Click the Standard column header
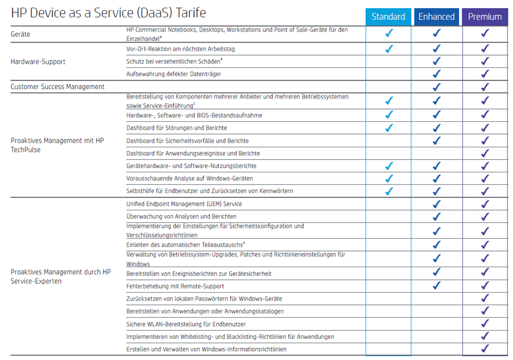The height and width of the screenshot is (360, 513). pyautogui.click(x=388, y=17)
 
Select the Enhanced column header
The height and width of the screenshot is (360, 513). pyautogui.click(x=437, y=17)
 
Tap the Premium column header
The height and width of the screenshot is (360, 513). pyautogui.click(x=485, y=17)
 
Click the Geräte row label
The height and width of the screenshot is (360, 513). pyautogui.click(x=21, y=34)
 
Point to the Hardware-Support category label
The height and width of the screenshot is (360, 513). pyautogui.click(x=38, y=61)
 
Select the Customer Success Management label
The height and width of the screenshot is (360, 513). pyautogui.click(x=58, y=87)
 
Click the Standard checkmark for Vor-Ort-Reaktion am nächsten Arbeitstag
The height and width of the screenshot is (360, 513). pyautogui.click(x=389, y=49)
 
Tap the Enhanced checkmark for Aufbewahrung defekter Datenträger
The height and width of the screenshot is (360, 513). pyautogui.click(x=437, y=74)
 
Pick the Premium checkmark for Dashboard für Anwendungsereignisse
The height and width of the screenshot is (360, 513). pyautogui.click(x=485, y=153)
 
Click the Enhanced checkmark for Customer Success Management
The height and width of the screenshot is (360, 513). pyautogui.click(x=437, y=87)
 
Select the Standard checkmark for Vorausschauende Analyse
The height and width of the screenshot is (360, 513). pyautogui.click(x=389, y=178)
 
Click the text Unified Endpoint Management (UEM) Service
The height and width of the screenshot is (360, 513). pyautogui.click(x=184, y=204)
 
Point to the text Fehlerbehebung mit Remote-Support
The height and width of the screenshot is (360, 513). pyautogui.click(x=175, y=286)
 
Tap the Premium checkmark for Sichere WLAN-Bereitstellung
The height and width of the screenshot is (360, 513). pyautogui.click(x=485, y=324)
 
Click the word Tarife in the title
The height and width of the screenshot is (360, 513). pyautogui.click(x=191, y=13)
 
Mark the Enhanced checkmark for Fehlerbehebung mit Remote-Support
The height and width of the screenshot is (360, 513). pyautogui.click(x=437, y=285)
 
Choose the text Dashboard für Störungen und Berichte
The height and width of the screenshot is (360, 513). pyautogui.click(x=177, y=128)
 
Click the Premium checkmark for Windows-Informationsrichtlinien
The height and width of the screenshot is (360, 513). pyautogui.click(x=485, y=349)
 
